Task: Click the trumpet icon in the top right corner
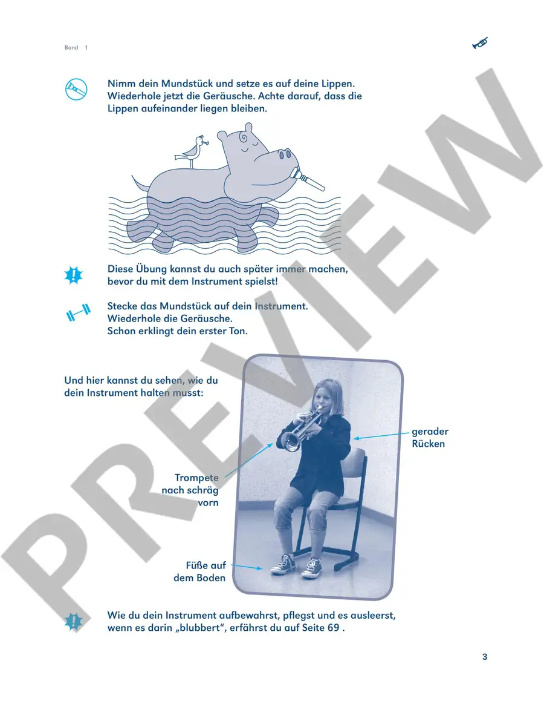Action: point(480,44)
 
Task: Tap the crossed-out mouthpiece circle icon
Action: point(76,89)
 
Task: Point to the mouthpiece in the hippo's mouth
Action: point(308,179)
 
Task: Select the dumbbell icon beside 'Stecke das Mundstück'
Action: point(78,312)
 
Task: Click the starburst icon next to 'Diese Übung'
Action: point(74,275)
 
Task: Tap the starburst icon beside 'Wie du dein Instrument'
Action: point(74,622)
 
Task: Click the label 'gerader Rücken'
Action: point(430,438)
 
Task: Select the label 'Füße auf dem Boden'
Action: point(199,571)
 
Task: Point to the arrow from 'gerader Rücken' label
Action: point(381,435)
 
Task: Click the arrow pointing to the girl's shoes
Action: point(247,567)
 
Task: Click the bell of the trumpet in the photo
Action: point(292,442)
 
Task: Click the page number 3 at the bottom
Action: point(485,657)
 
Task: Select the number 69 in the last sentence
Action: point(334,628)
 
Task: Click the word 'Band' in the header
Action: point(71,47)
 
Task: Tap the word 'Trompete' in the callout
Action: point(196,478)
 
